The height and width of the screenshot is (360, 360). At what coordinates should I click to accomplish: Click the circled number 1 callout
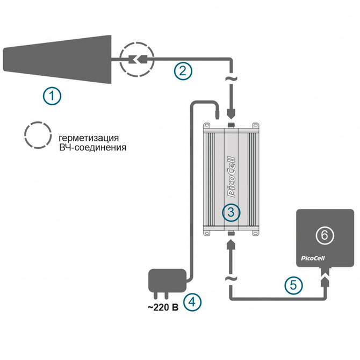52,97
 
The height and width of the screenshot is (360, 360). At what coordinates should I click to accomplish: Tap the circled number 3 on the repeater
231,212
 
